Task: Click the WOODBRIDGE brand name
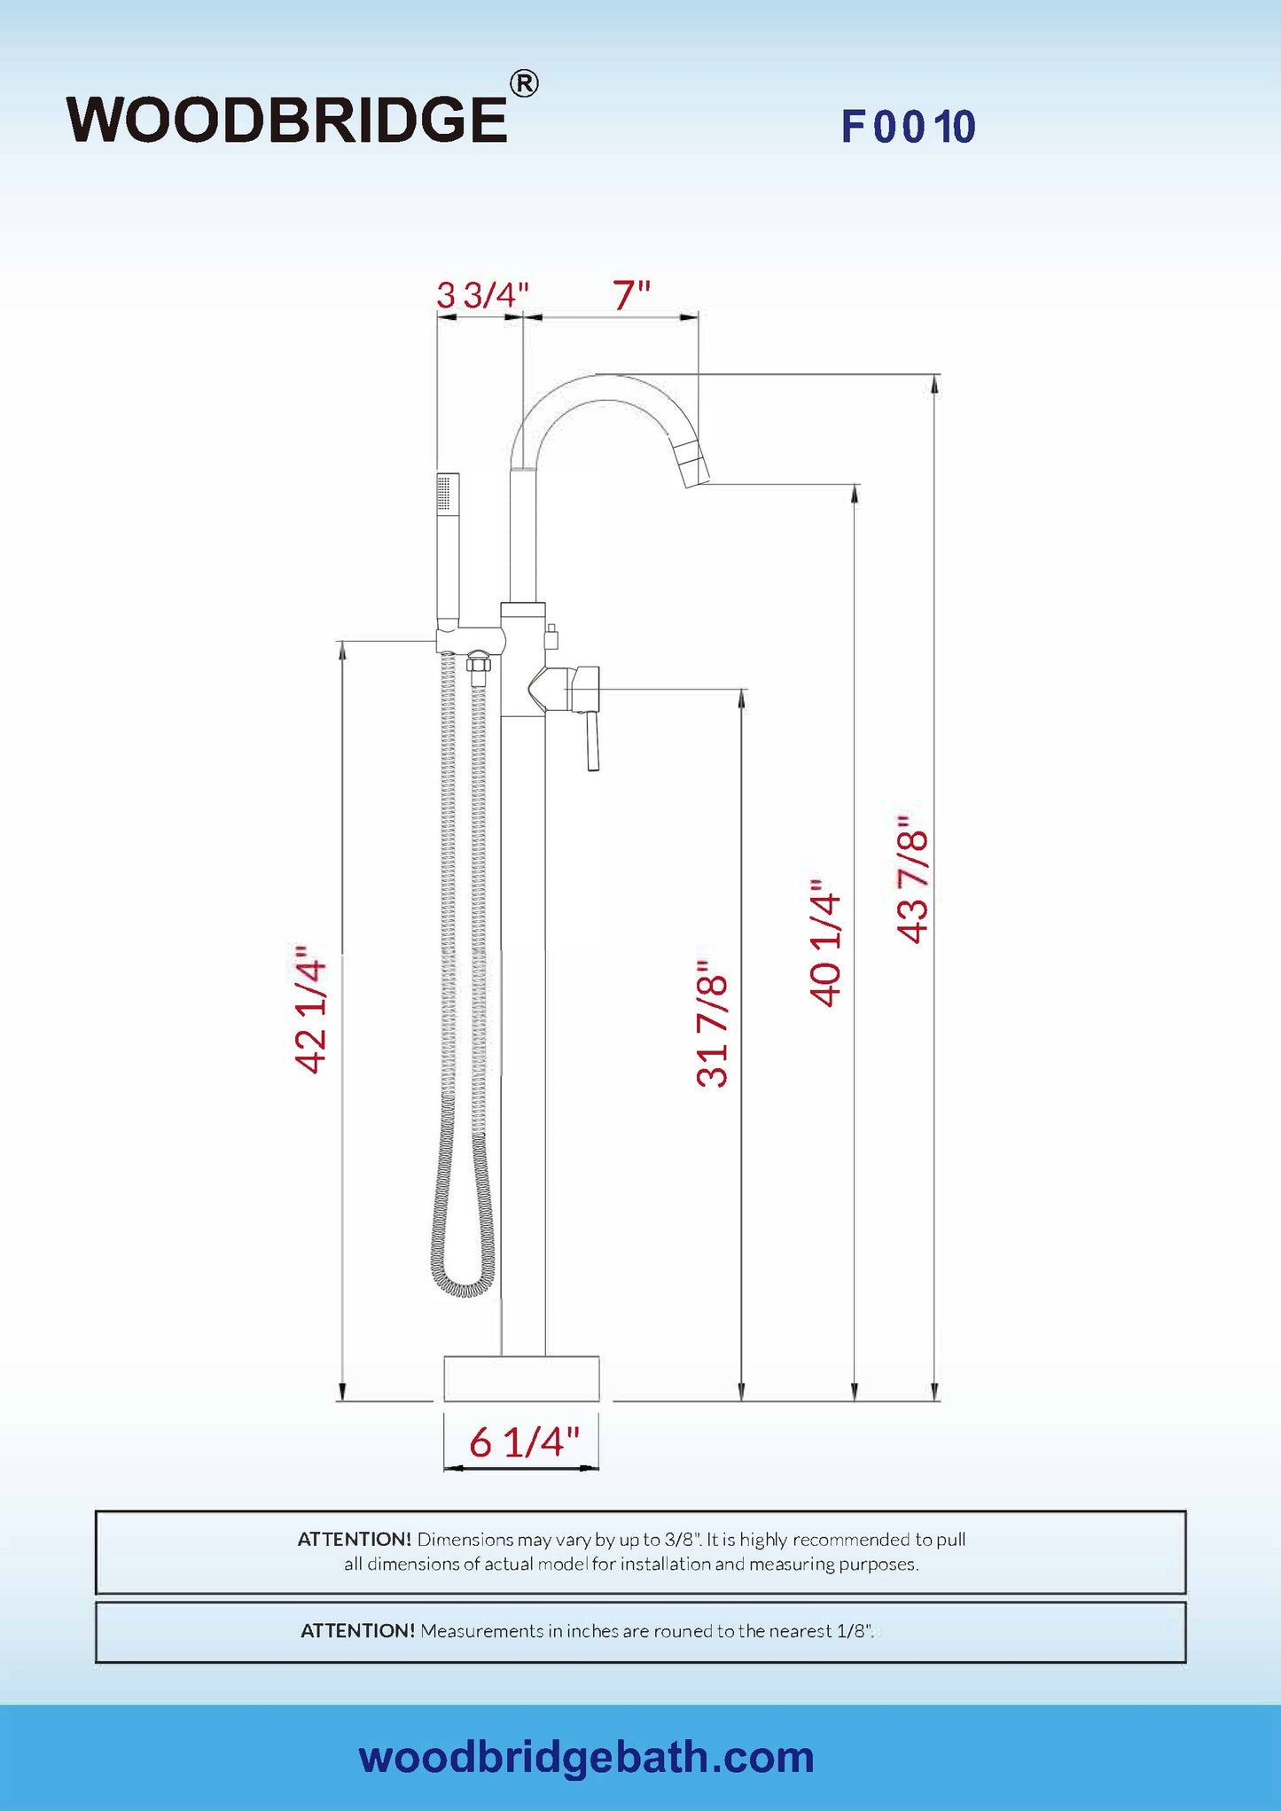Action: pyautogui.click(x=287, y=120)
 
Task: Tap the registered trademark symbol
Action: pyautogui.click(x=524, y=83)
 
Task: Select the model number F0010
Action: pyautogui.click(x=909, y=127)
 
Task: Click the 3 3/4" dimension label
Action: pyautogui.click(x=482, y=295)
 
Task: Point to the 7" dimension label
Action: pyautogui.click(x=631, y=295)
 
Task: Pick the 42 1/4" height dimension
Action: pyautogui.click(x=311, y=1010)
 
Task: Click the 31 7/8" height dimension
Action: pyautogui.click(x=712, y=1024)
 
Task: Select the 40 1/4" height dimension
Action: pyautogui.click(x=824, y=943)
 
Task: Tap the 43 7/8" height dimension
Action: pyautogui.click(x=912, y=879)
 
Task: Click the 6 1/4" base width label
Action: pyautogui.click(x=524, y=1442)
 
